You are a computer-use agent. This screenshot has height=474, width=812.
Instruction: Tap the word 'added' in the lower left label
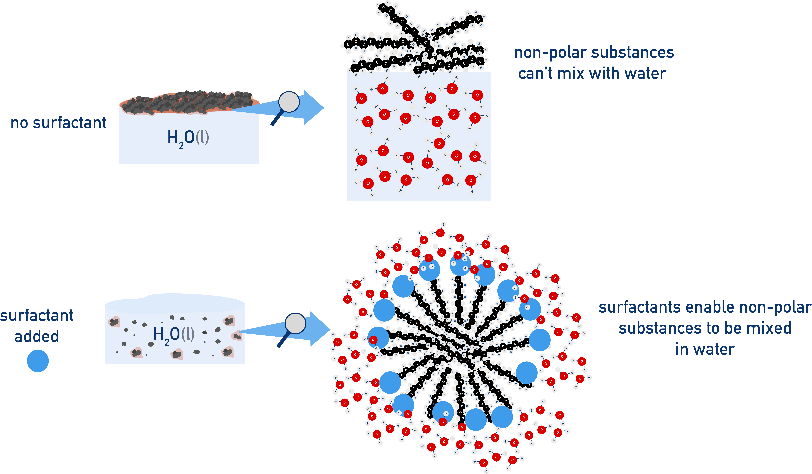[x=37, y=336]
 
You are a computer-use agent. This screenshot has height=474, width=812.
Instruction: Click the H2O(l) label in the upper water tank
[x=188, y=138]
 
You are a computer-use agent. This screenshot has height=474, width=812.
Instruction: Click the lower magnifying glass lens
[x=295, y=323]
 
